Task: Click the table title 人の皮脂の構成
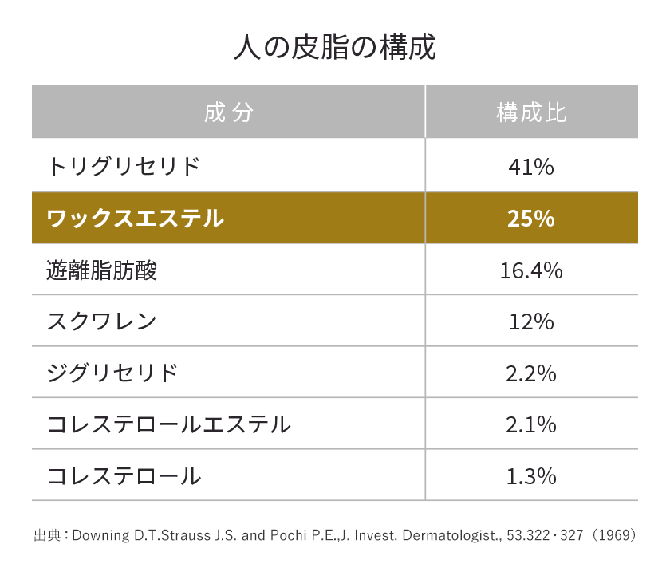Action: tap(335, 47)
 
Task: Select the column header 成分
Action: tap(228, 112)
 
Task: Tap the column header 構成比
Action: tap(531, 112)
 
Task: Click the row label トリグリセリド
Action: tap(123, 167)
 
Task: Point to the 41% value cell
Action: tap(531, 167)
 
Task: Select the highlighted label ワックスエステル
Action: tap(136, 218)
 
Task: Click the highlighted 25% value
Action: tap(531, 218)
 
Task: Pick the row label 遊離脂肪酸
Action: tap(102, 270)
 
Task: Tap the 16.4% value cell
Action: tap(531, 270)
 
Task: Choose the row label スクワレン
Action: tap(101, 321)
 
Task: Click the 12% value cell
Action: tap(531, 321)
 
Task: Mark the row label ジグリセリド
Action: tap(112, 373)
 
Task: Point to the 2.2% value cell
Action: tap(531, 373)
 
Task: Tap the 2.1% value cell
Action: tap(531, 424)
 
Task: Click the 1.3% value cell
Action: tap(531, 476)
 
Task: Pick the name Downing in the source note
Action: tap(99, 534)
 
